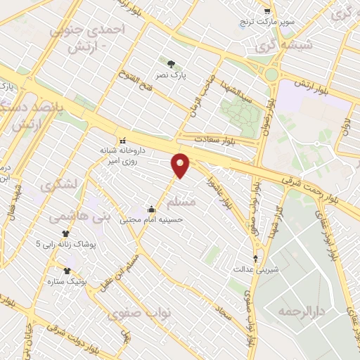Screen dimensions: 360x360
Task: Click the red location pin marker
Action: [x=181, y=165]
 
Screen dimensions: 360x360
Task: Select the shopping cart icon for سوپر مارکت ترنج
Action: [x=267, y=12]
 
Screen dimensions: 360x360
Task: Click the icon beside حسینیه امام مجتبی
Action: [x=151, y=208]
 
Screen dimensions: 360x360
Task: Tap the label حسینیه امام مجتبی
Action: [x=153, y=219]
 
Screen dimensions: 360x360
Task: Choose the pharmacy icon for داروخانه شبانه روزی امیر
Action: [x=123, y=139]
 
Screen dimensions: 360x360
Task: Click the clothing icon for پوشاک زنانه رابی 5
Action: [x=66, y=233]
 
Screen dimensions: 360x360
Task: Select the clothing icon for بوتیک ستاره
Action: [x=67, y=271]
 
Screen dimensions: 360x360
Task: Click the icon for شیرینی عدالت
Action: [x=255, y=258]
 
